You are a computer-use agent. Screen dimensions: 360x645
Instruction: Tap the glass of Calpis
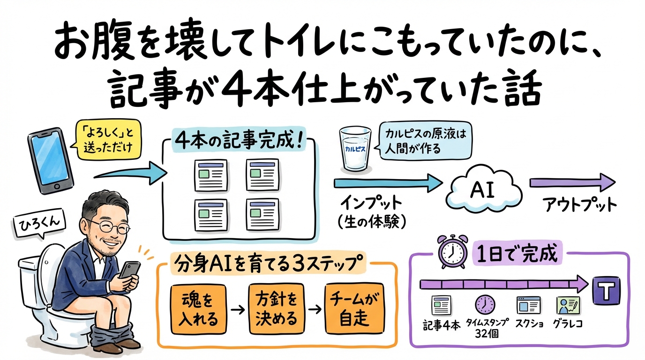pos(355,149)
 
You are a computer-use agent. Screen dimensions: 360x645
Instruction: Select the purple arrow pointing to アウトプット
pos(572,182)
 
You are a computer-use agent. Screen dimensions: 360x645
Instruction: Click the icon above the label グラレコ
pos(567,305)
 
